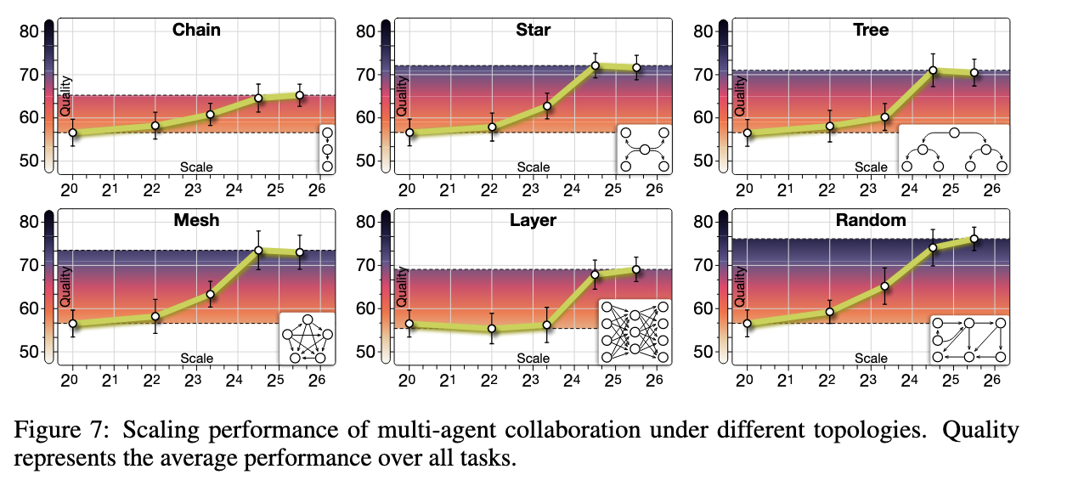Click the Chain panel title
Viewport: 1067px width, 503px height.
tap(196, 31)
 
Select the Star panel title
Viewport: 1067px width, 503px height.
tap(533, 31)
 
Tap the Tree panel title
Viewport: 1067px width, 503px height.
tap(872, 31)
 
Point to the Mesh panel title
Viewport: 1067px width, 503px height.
tap(196, 221)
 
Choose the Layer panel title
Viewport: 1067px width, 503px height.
tap(533, 221)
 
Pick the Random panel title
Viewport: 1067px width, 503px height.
tap(871, 221)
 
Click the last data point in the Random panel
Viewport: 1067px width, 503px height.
tap(974, 239)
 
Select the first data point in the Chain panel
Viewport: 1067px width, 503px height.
tap(73, 133)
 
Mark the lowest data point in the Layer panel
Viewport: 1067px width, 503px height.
tap(490, 329)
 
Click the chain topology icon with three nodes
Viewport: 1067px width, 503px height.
tap(327, 149)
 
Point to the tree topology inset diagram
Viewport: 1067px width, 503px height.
tap(954, 149)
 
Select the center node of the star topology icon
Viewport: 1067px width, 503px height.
tap(645, 150)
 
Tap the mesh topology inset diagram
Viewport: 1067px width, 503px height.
tap(308, 338)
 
